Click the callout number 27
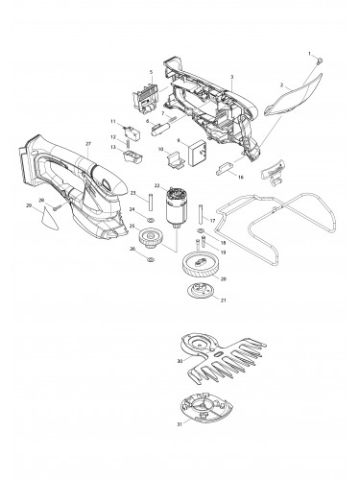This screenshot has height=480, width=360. click(x=87, y=144)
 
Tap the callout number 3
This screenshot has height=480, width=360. click(x=233, y=76)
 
